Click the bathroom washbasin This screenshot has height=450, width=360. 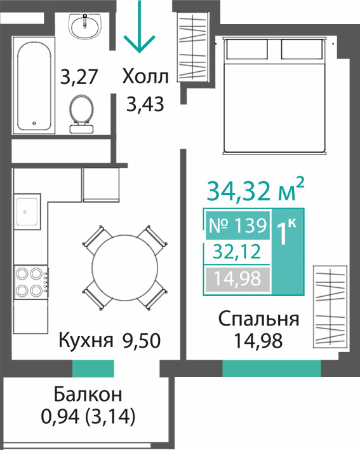(x=85, y=27)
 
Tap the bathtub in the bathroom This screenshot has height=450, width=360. (x=34, y=85)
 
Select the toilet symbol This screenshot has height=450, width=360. (x=81, y=114)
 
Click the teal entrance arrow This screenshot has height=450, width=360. (x=139, y=27)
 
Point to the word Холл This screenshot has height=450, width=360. (x=145, y=77)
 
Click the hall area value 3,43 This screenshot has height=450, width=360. (x=145, y=104)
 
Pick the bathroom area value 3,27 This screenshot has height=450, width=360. (x=79, y=77)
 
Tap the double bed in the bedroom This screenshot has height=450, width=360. (x=275, y=95)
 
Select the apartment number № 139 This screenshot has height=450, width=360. (x=238, y=225)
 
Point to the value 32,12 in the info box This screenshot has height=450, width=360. (x=237, y=252)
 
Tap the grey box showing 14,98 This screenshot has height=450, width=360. (x=237, y=278)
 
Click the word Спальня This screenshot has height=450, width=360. (x=259, y=320)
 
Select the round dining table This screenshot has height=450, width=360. (x=124, y=268)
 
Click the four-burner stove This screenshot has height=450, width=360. (x=31, y=282)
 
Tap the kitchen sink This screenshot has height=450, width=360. (x=27, y=212)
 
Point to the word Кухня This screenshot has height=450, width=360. (x=86, y=341)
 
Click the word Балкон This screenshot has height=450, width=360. (x=88, y=395)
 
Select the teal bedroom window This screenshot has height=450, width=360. (x=272, y=368)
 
